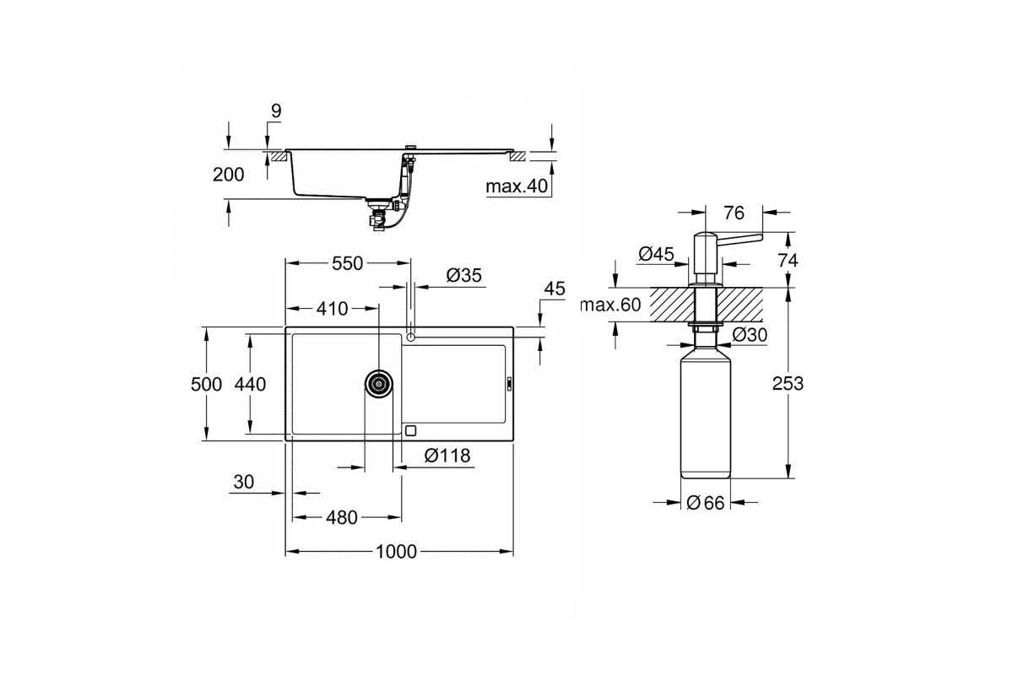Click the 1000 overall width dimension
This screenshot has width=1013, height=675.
pyautogui.click(x=396, y=552)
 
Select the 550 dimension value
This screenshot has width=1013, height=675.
pyautogui.click(x=347, y=263)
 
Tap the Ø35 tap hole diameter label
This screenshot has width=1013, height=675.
pyautogui.click(x=464, y=275)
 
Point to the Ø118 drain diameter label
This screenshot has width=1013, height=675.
pyautogui.click(x=447, y=456)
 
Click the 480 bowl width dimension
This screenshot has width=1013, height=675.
pyautogui.click(x=341, y=518)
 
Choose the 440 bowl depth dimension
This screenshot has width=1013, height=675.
pyautogui.click(x=250, y=384)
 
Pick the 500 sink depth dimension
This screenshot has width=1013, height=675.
pyautogui.click(x=206, y=384)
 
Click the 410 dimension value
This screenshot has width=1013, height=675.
pyautogui.click(x=332, y=309)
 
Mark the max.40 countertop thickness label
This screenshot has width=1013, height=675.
pyautogui.click(x=517, y=186)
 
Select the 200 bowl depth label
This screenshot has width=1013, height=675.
pyautogui.click(x=229, y=175)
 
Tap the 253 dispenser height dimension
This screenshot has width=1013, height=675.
pyautogui.click(x=788, y=383)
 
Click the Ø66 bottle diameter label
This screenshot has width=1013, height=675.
pyautogui.click(x=706, y=503)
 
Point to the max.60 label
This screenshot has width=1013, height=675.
pyautogui.click(x=610, y=305)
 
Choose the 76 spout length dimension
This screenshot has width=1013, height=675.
pyautogui.click(x=734, y=213)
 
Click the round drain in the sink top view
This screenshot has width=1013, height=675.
pyautogui.click(x=378, y=384)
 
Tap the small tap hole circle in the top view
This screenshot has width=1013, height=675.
pyautogui.click(x=410, y=337)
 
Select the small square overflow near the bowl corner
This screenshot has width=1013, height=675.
pyautogui.click(x=410, y=430)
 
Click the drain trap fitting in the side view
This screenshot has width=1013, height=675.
pyautogui.click(x=378, y=217)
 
